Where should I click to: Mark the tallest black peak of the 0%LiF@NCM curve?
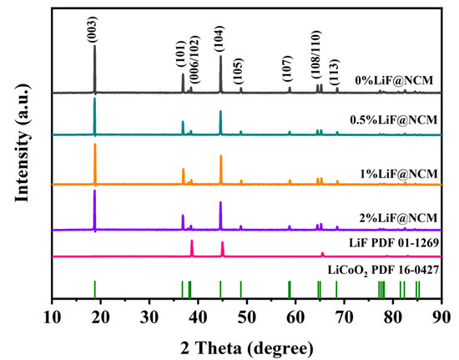click(94, 47)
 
